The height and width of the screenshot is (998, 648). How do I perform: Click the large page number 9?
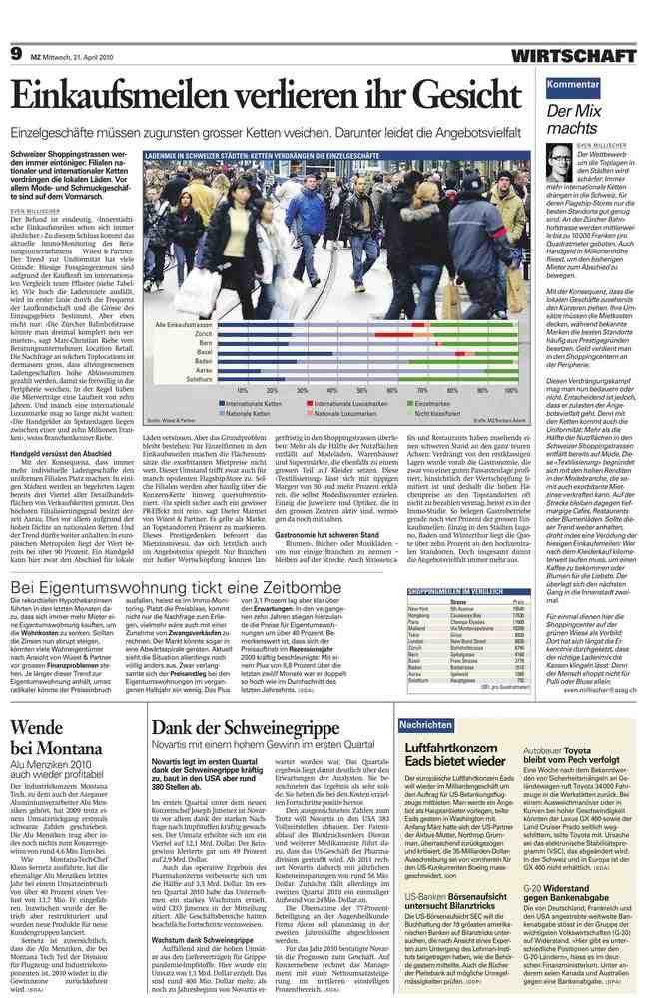pos(16,53)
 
